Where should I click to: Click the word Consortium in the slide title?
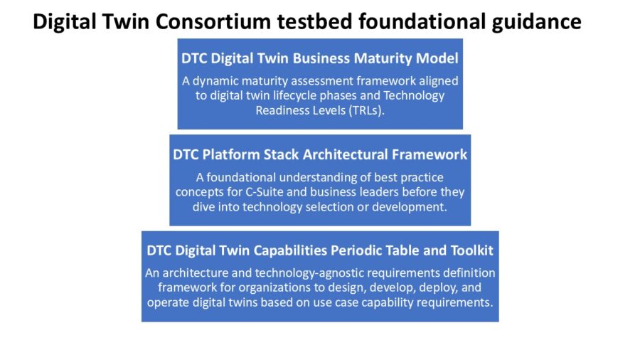(213, 21)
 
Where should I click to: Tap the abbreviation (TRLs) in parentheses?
(366, 110)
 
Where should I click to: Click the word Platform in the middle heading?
(231, 154)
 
